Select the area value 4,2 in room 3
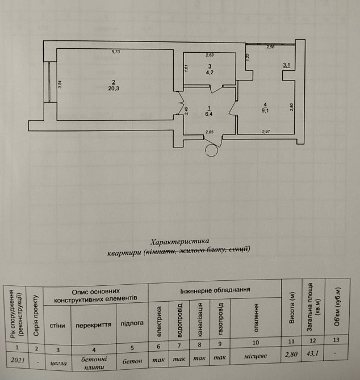pos(210,73)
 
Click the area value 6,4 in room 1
pos(209,113)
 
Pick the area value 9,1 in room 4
pos(265,110)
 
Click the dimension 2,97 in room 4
pos(267,132)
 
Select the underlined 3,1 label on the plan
pos(287,66)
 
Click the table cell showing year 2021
pos(18,359)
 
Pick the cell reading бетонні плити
pos(93,362)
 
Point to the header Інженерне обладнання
pos(215,290)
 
